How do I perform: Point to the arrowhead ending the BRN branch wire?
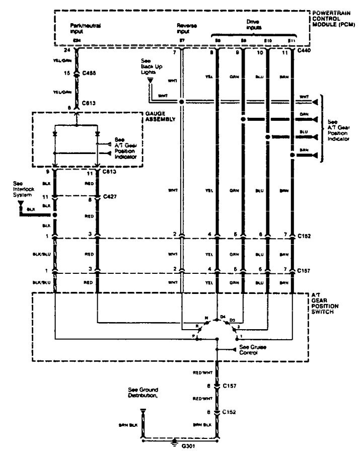tap(315, 156)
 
